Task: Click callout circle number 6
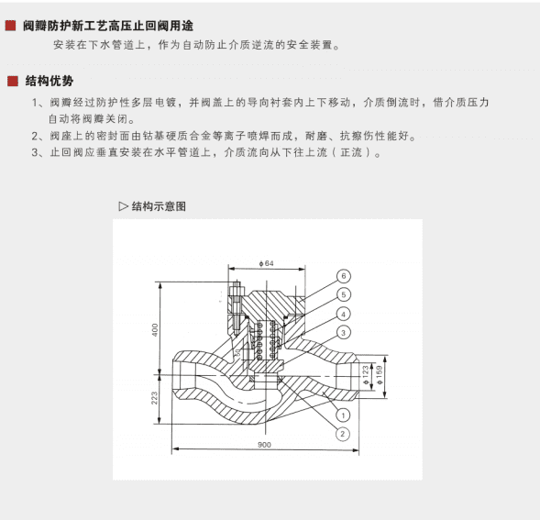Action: [341, 276]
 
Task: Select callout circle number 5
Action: [341, 294]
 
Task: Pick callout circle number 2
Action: [341, 433]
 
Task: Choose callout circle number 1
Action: [341, 415]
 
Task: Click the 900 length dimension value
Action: [264, 445]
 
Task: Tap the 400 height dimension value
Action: [155, 329]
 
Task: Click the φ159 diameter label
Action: [379, 374]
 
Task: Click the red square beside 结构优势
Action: [12, 81]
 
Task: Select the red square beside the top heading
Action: [12, 27]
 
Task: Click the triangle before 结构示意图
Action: [123, 205]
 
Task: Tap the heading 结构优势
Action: [50, 81]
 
